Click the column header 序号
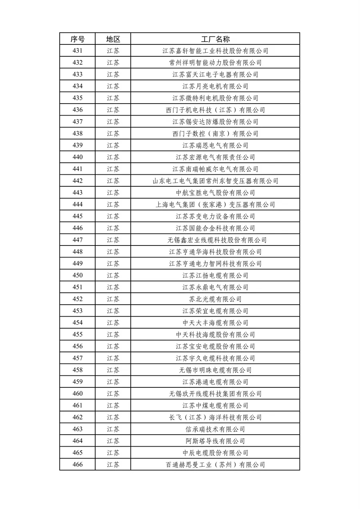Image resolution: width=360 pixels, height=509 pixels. (x=78, y=39)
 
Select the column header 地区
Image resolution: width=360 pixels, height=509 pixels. (x=113, y=39)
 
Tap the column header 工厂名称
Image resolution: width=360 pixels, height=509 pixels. (x=215, y=39)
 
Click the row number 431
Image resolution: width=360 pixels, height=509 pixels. (x=78, y=51)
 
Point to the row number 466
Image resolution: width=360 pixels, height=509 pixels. (x=78, y=465)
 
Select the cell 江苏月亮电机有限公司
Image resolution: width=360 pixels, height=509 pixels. (x=215, y=86)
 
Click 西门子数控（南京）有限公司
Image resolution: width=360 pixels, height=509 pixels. (x=215, y=134)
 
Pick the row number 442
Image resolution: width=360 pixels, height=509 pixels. (x=78, y=181)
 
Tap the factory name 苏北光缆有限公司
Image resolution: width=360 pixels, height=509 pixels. (x=215, y=299)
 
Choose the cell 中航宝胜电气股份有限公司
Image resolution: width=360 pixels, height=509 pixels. (x=215, y=193)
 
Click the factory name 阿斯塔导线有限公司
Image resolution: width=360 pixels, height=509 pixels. (x=215, y=441)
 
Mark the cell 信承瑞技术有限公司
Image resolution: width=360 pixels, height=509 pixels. (x=215, y=429)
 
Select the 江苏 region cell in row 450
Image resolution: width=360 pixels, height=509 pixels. (x=113, y=275)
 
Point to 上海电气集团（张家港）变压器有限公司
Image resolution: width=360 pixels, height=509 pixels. (x=215, y=205)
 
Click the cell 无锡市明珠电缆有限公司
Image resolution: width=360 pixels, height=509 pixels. (x=215, y=370)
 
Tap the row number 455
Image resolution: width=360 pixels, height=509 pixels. (x=78, y=335)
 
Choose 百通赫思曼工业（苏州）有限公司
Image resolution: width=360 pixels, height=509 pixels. (x=215, y=465)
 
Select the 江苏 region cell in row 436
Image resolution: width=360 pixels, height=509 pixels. (x=113, y=110)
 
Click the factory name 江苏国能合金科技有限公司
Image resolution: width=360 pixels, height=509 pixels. (x=215, y=228)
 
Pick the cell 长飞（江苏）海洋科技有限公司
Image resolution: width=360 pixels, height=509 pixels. (x=215, y=417)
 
